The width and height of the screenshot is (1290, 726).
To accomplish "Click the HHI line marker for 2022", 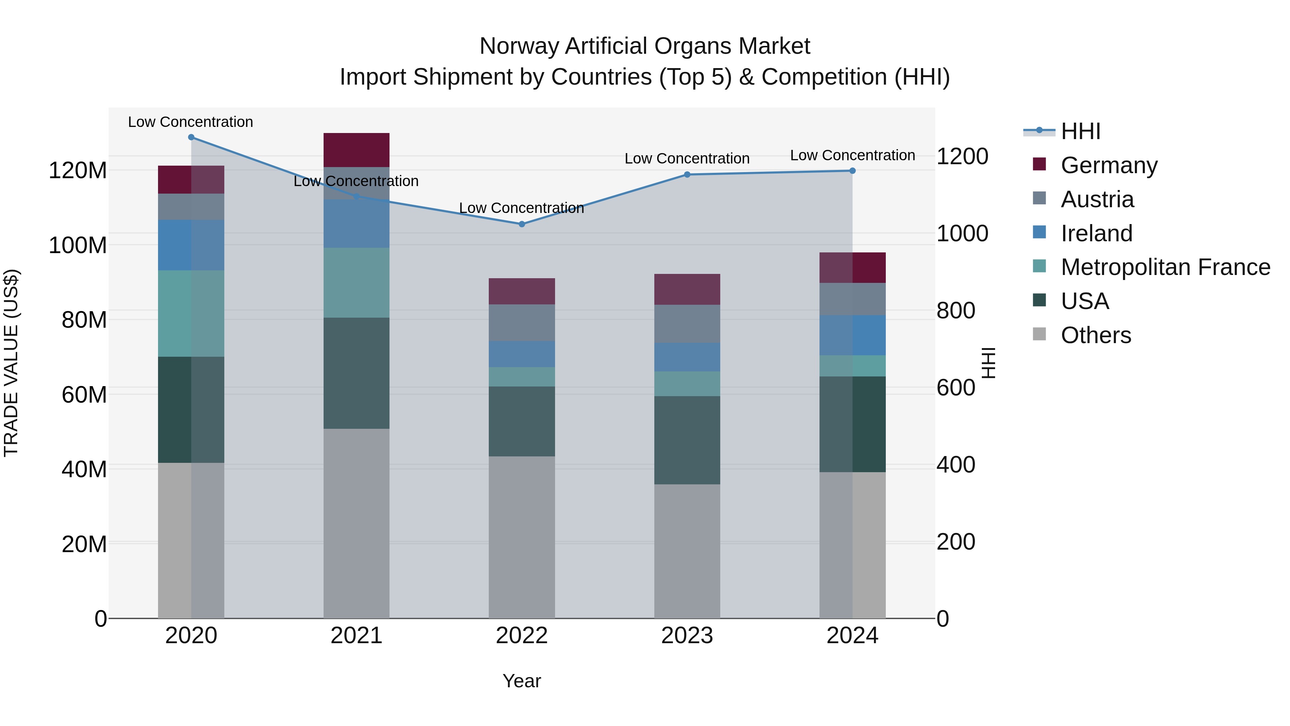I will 521,224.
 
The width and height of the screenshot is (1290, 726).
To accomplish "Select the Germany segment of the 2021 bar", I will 356,150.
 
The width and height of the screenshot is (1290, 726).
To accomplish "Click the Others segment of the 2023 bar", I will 687,551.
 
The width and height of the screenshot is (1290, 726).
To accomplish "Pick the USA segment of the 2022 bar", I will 521,421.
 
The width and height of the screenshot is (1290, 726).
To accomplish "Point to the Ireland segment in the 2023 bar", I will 687,357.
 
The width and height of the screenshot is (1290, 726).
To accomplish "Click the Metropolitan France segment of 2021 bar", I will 356,282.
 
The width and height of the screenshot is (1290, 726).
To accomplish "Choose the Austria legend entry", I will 1097,199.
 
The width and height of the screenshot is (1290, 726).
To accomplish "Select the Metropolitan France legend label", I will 1165,267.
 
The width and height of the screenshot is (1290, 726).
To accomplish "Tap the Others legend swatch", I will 1039,334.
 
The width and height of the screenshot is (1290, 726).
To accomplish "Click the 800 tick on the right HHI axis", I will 955,310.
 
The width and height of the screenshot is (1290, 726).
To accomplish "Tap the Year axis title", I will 521,681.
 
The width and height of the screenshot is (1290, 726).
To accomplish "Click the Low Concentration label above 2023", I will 687,158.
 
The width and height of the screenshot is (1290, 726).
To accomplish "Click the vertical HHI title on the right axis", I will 988,363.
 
